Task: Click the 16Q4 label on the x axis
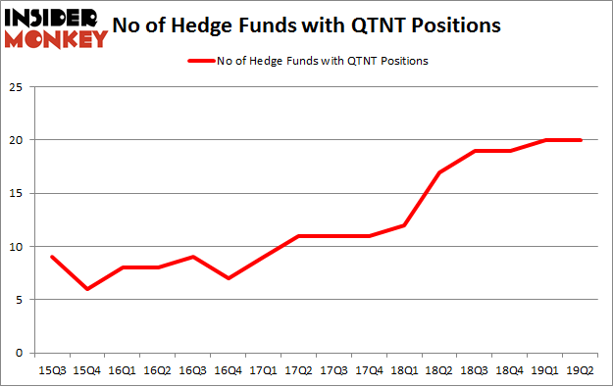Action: pos(228,370)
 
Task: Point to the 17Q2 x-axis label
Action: pos(299,370)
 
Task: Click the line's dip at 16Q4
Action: pos(228,278)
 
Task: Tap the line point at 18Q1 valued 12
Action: pos(405,225)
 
